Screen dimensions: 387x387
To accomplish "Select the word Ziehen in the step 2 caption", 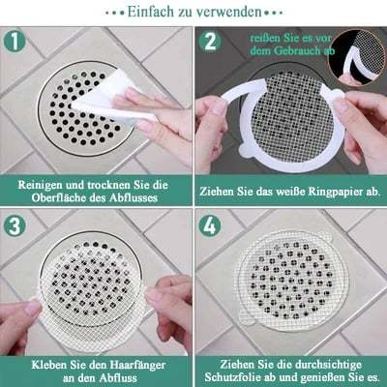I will [222, 192].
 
